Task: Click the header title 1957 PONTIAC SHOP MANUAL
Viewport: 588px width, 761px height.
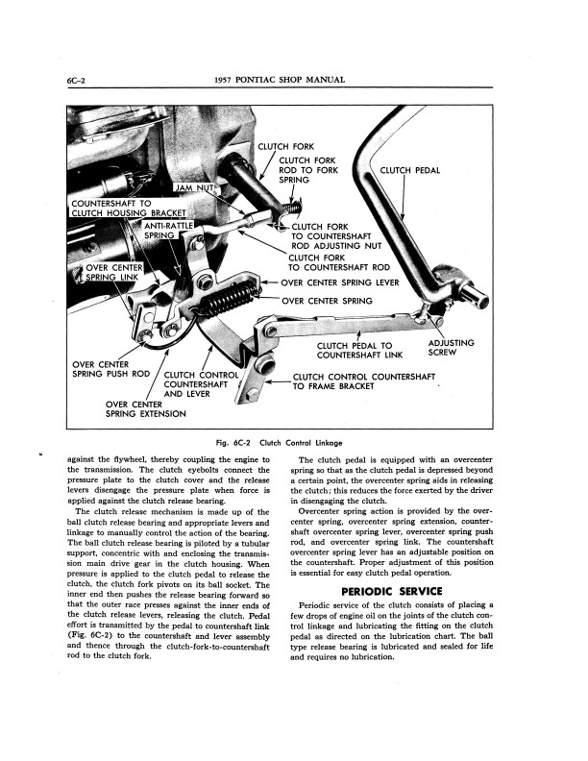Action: tap(293, 79)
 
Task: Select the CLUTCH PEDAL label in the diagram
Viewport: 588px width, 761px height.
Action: tap(410, 171)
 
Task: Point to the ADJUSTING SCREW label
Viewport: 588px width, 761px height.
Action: tap(450, 347)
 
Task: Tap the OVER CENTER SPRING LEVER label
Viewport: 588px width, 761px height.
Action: tap(340, 283)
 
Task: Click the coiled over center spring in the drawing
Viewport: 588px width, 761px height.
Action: tap(231, 298)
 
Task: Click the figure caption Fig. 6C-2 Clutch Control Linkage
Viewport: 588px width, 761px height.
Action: tap(294, 441)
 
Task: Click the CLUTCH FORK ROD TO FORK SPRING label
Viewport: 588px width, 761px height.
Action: tap(308, 170)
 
